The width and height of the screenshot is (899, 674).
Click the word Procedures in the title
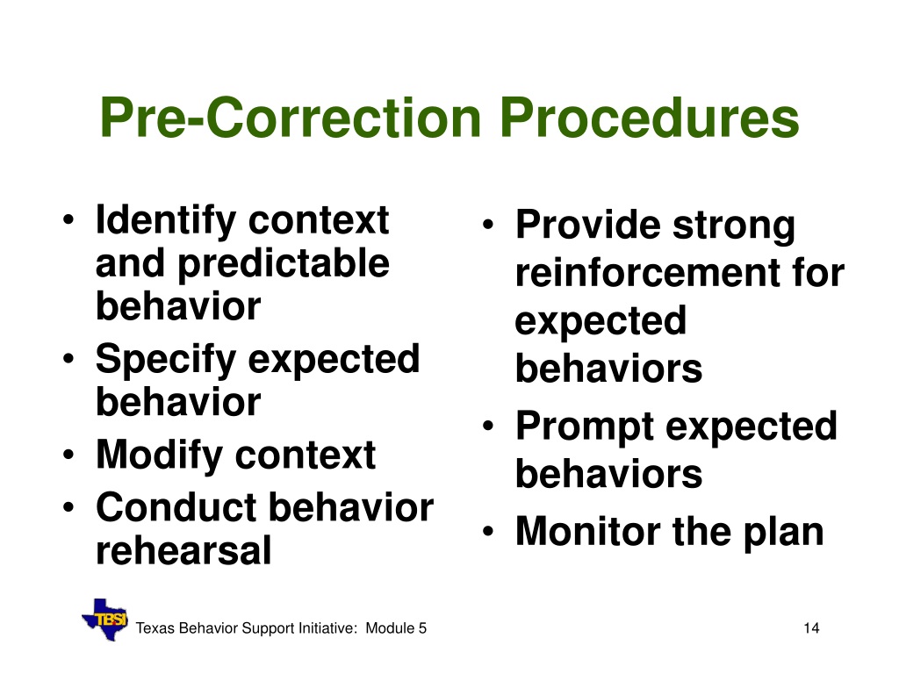[650, 118]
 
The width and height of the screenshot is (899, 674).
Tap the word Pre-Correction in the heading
[290, 118]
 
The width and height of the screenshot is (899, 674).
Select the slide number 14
[811, 628]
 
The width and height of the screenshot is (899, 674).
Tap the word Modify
[160, 456]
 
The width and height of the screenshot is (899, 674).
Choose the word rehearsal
[183, 550]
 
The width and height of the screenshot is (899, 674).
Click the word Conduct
[176, 507]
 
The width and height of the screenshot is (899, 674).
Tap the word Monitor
[588, 531]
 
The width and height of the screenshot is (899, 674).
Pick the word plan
[783, 534]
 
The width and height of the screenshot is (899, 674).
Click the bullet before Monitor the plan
[488, 532]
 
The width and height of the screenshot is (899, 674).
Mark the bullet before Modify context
[68, 455]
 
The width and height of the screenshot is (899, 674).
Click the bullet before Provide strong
[488, 225]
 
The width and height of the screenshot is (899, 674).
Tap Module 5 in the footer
[396, 628]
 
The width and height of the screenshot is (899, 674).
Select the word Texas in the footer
[155, 628]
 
